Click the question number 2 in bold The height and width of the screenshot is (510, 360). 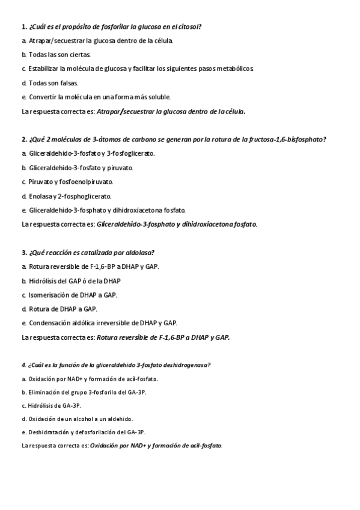[x=23, y=140]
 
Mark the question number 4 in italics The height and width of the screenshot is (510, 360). [x=23, y=365]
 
